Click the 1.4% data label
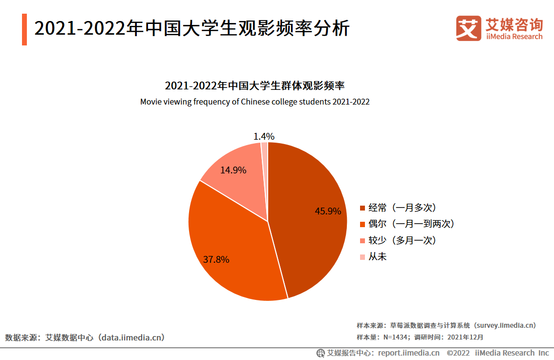click(x=264, y=136)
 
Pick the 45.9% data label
click(x=328, y=212)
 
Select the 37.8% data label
click(x=216, y=259)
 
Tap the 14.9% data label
click(x=233, y=170)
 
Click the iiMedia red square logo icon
click(x=468, y=28)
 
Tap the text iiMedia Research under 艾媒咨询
click(x=514, y=37)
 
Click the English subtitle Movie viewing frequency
click(x=255, y=102)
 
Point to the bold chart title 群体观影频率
click(x=255, y=86)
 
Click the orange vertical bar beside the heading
click(x=24, y=29)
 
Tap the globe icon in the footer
click(x=320, y=353)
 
